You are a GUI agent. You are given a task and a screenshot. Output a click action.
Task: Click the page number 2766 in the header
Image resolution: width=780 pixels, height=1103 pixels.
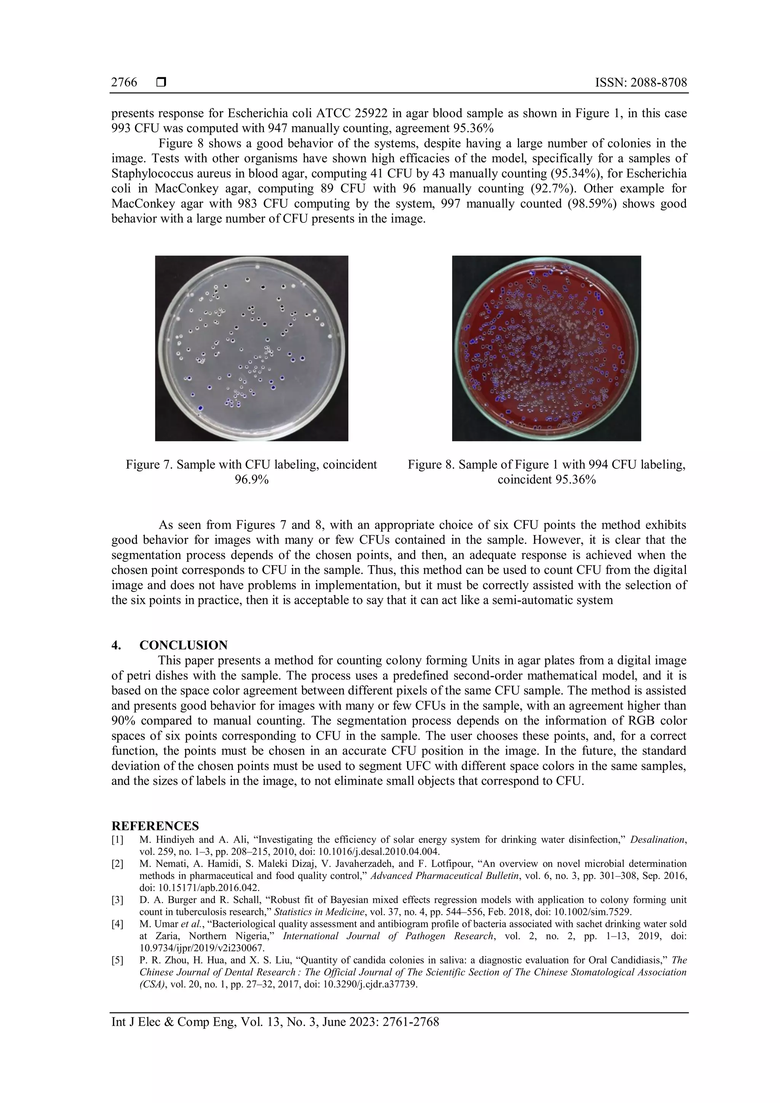(x=124, y=83)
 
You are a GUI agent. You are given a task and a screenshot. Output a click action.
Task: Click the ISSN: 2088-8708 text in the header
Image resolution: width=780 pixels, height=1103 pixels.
(x=641, y=83)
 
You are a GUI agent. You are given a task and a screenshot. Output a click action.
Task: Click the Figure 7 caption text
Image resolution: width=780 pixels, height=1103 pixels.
(x=251, y=465)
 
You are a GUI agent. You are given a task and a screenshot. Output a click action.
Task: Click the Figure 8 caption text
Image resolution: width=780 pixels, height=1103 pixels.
(x=546, y=465)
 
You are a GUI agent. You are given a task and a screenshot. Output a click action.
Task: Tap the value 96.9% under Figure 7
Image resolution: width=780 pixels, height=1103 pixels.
(x=251, y=480)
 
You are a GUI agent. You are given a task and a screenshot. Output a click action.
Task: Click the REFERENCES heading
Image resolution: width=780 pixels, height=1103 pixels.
(x=155, y=826)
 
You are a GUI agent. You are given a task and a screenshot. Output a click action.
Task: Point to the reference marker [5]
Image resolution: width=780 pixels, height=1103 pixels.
(x=118, y=960)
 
